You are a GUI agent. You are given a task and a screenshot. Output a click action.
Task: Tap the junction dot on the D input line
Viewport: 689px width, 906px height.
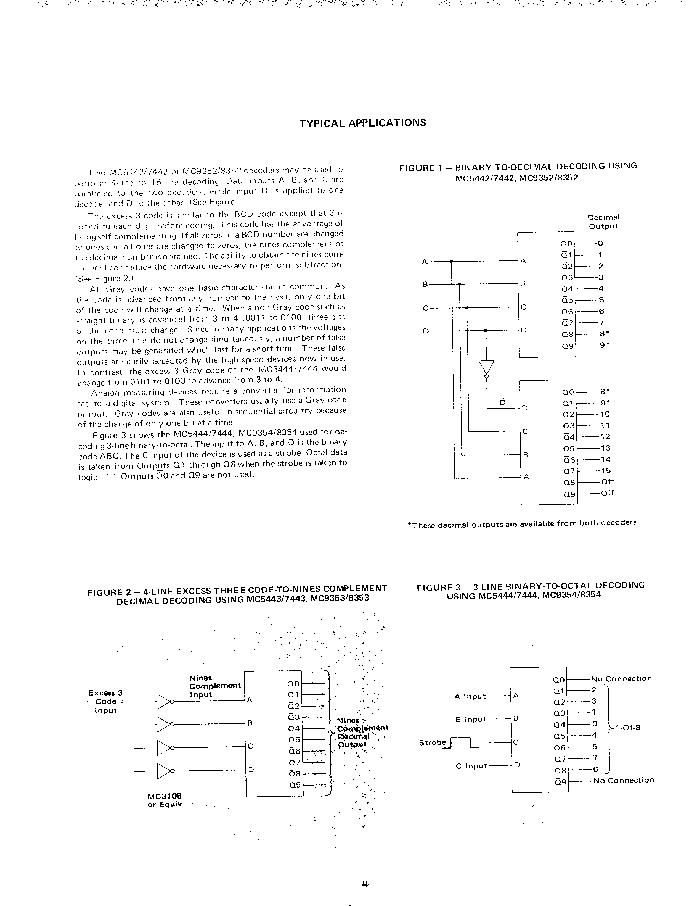(486, 330)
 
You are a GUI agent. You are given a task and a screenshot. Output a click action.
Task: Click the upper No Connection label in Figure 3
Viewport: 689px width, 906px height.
(621, 679)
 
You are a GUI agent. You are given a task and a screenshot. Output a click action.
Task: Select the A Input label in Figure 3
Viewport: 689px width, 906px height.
(470, 696)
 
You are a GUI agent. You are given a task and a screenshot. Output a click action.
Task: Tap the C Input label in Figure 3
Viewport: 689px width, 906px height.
(471, 766)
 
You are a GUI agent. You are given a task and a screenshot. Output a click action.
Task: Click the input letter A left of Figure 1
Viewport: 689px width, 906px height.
(425, 261)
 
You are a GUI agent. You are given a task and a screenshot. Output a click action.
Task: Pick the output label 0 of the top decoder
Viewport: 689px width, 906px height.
(601, 243)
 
